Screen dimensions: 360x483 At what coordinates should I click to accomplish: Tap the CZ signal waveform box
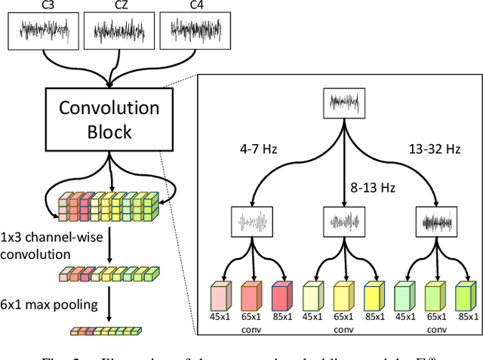click(x=112, y=31)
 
